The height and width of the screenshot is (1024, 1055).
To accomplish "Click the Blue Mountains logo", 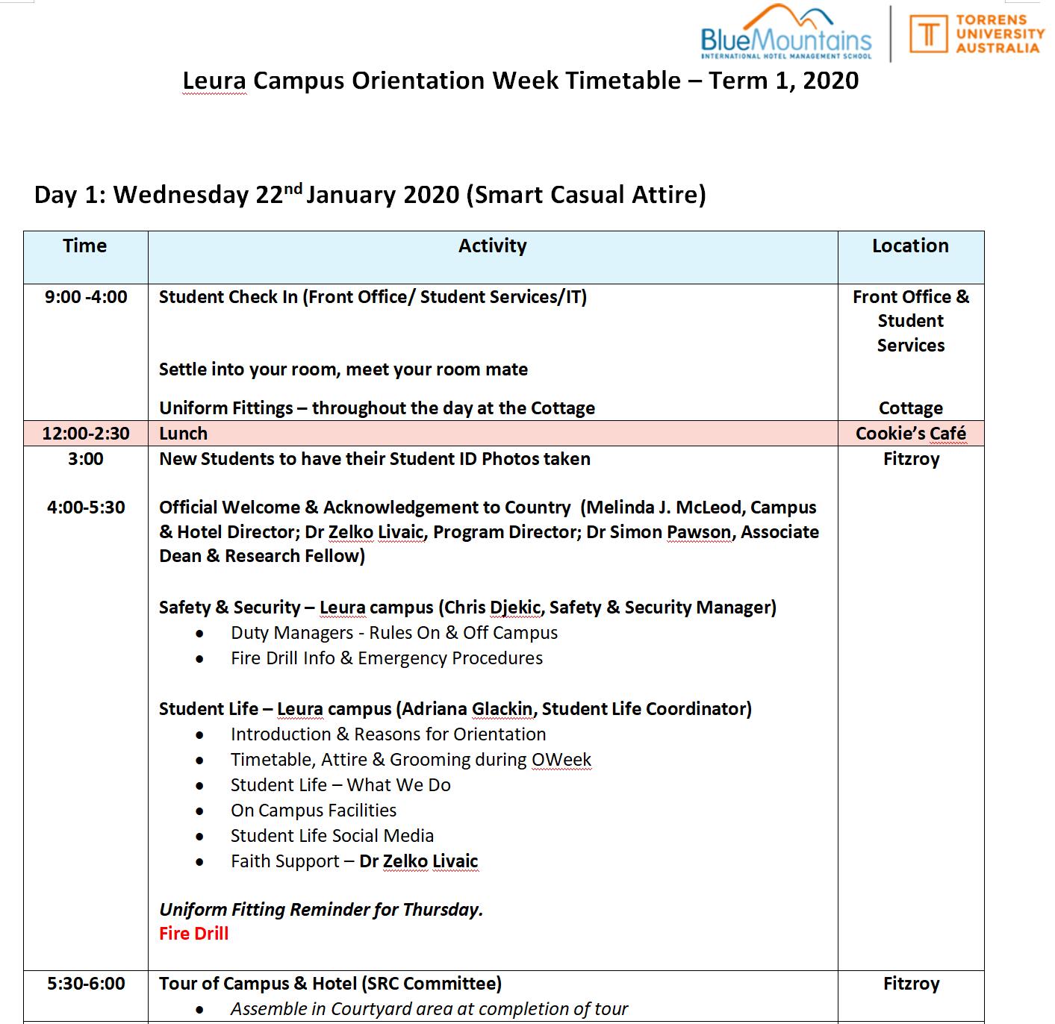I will click(x=785, y=34).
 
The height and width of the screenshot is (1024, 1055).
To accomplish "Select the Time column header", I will click(x=85, y=246).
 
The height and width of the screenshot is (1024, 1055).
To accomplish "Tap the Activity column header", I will click(x=492, y=246).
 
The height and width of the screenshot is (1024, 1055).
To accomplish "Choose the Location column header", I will click(x=910, y=246).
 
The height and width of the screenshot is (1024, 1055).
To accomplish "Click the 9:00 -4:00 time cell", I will click(x=86, y=297).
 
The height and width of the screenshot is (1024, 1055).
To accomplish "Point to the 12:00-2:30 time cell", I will click(x=86, y=434).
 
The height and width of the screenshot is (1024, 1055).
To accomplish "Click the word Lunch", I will click(x=183, y=434).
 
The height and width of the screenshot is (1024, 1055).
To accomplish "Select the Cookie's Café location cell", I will click(x=910, y=434).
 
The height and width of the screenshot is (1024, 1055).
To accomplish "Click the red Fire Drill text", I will click(x=193, y=934).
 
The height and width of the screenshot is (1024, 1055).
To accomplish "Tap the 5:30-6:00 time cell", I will click(x=86, y=984).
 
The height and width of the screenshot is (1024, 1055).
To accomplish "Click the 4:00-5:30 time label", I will click(x=86, y=508).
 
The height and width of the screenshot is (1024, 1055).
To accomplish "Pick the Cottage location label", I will click(x=910, y=408).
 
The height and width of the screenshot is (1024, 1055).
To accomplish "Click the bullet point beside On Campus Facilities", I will click(x=199, y=811).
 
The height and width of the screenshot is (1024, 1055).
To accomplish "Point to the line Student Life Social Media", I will click(x=332, y=836).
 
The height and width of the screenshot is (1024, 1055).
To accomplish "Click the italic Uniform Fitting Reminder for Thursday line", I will click(x=321, y=910).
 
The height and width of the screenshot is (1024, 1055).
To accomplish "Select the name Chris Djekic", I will click(x=493, y=608).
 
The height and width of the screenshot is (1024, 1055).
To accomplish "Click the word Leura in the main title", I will click(x=214, y=81).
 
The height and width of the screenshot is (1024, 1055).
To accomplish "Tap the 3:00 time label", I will click(x=86, y=459).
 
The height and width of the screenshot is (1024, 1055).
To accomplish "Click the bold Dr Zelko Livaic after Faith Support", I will click(x=418, y=861).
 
